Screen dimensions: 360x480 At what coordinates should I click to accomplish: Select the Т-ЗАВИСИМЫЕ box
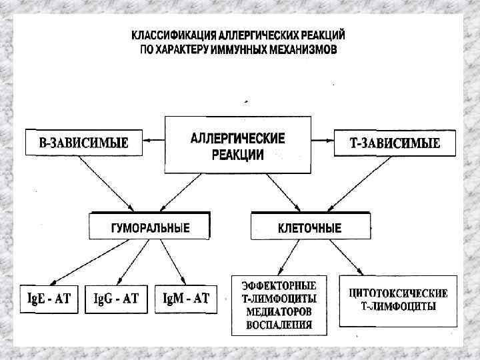point(395,142)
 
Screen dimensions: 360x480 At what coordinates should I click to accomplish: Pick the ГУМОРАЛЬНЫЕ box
point(150,227)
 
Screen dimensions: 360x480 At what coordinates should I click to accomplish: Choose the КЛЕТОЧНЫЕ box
point(309,227)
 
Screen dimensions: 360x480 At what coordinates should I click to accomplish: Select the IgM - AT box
point(186,299)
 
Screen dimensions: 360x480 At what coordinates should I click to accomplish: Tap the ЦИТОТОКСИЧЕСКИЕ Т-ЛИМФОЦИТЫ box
point(398,301)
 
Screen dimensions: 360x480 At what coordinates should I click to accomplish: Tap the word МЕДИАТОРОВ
point(279,312)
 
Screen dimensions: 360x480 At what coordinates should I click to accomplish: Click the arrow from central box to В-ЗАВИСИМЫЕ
point(156,141)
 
